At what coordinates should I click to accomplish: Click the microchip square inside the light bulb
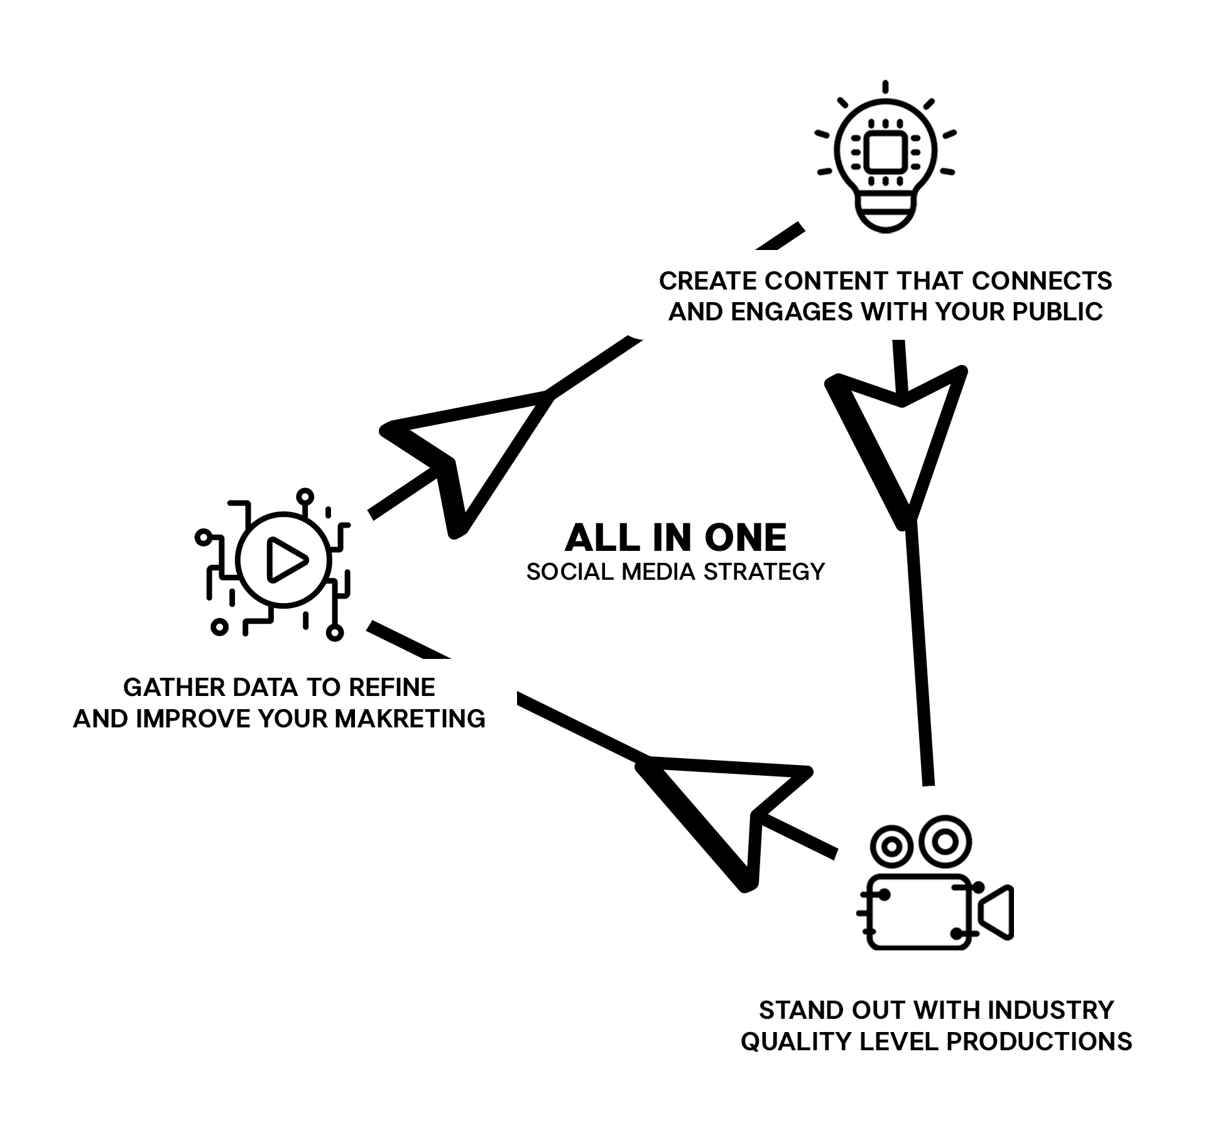coord(885,153)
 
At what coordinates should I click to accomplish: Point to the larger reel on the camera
coord(944,842)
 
